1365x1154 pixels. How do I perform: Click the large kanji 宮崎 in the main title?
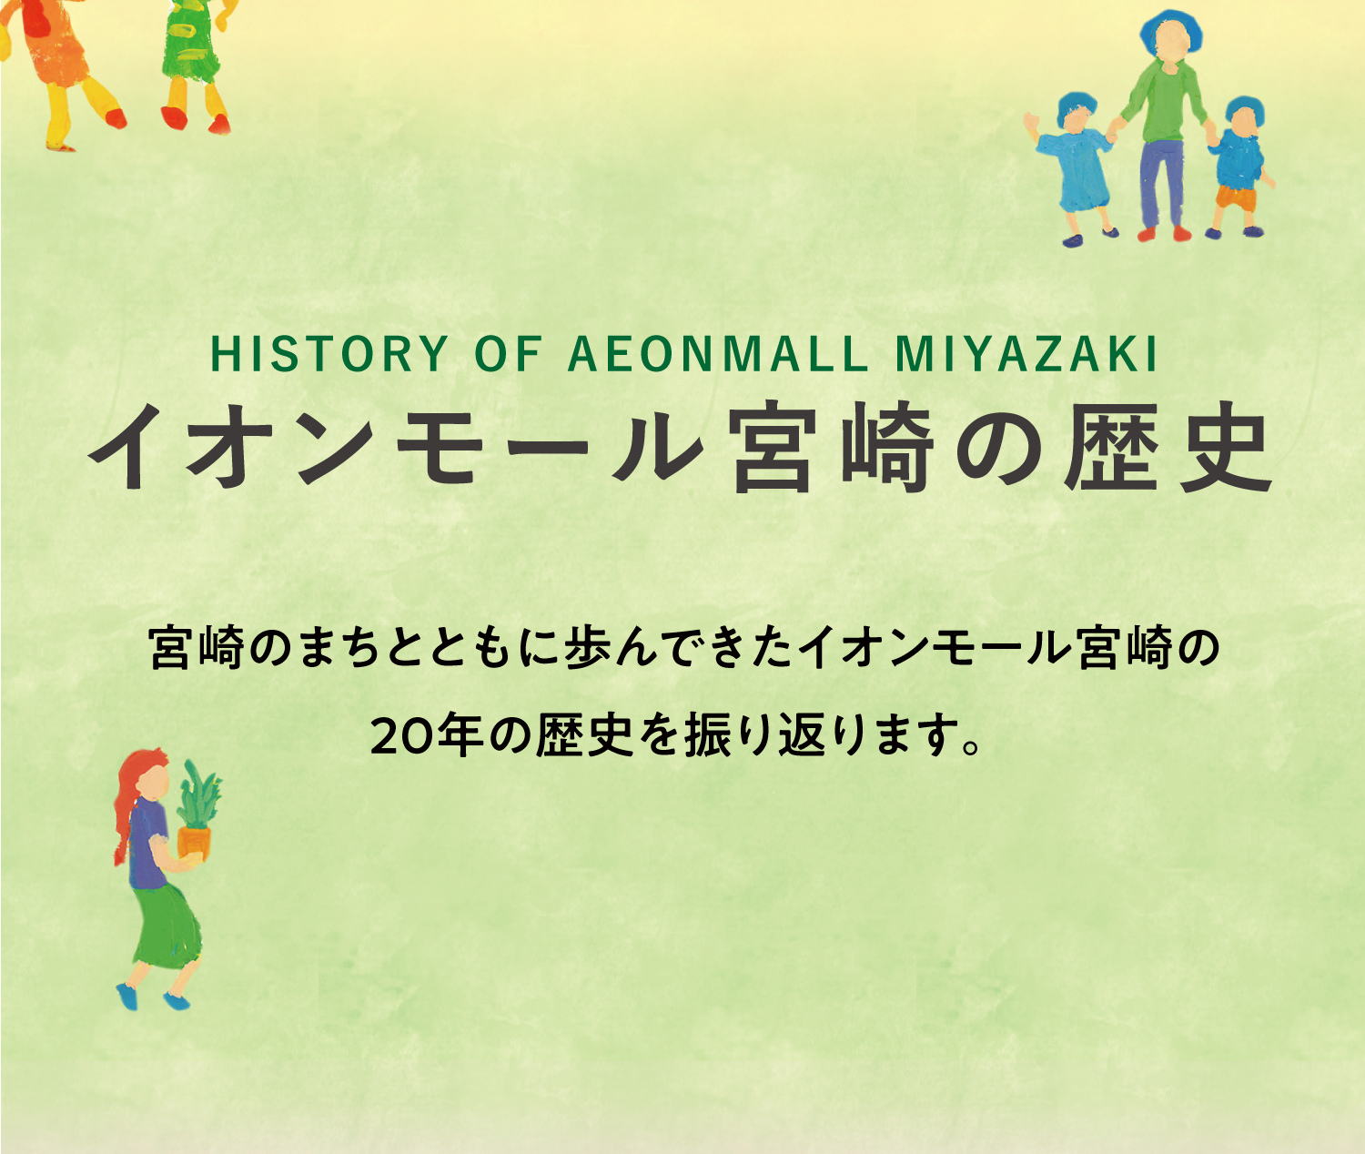pyautogui.click(x=832, y=448)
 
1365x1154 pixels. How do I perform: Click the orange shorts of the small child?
pyautogui.click(x=1235, y=197)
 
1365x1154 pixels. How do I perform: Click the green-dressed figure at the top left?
pyautogui.click(x=195, y=63)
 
